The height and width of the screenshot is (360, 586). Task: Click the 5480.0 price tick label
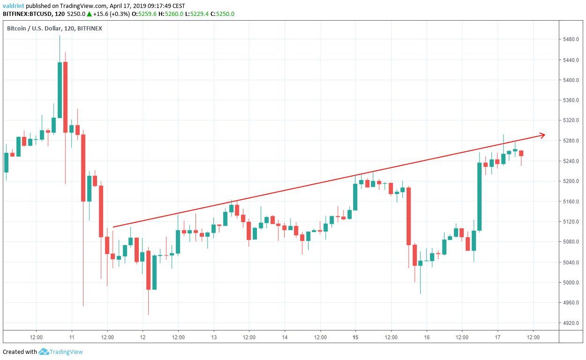(572, 39)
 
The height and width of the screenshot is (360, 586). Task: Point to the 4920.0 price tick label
(572, 323)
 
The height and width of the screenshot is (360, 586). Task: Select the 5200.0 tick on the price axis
(572, 181)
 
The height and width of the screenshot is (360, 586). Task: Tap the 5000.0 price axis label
(572, 283)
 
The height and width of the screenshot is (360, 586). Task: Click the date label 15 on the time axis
(355, 337)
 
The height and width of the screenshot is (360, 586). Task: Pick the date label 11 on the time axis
(71, 337)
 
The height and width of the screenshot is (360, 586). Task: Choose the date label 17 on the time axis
(497, 337)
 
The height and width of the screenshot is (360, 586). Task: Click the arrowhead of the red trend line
(542, 135)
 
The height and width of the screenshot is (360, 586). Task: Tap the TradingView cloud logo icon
(44, 352)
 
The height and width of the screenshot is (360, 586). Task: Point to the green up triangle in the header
(89, 14)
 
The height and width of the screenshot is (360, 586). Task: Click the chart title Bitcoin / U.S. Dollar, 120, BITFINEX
(54, 28)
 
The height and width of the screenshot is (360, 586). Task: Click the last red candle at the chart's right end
(521, 153)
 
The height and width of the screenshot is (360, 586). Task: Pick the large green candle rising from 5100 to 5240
(480, 196)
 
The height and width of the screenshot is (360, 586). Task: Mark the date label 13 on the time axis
(213, 337)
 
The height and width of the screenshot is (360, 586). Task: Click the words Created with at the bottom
(20, 352)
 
